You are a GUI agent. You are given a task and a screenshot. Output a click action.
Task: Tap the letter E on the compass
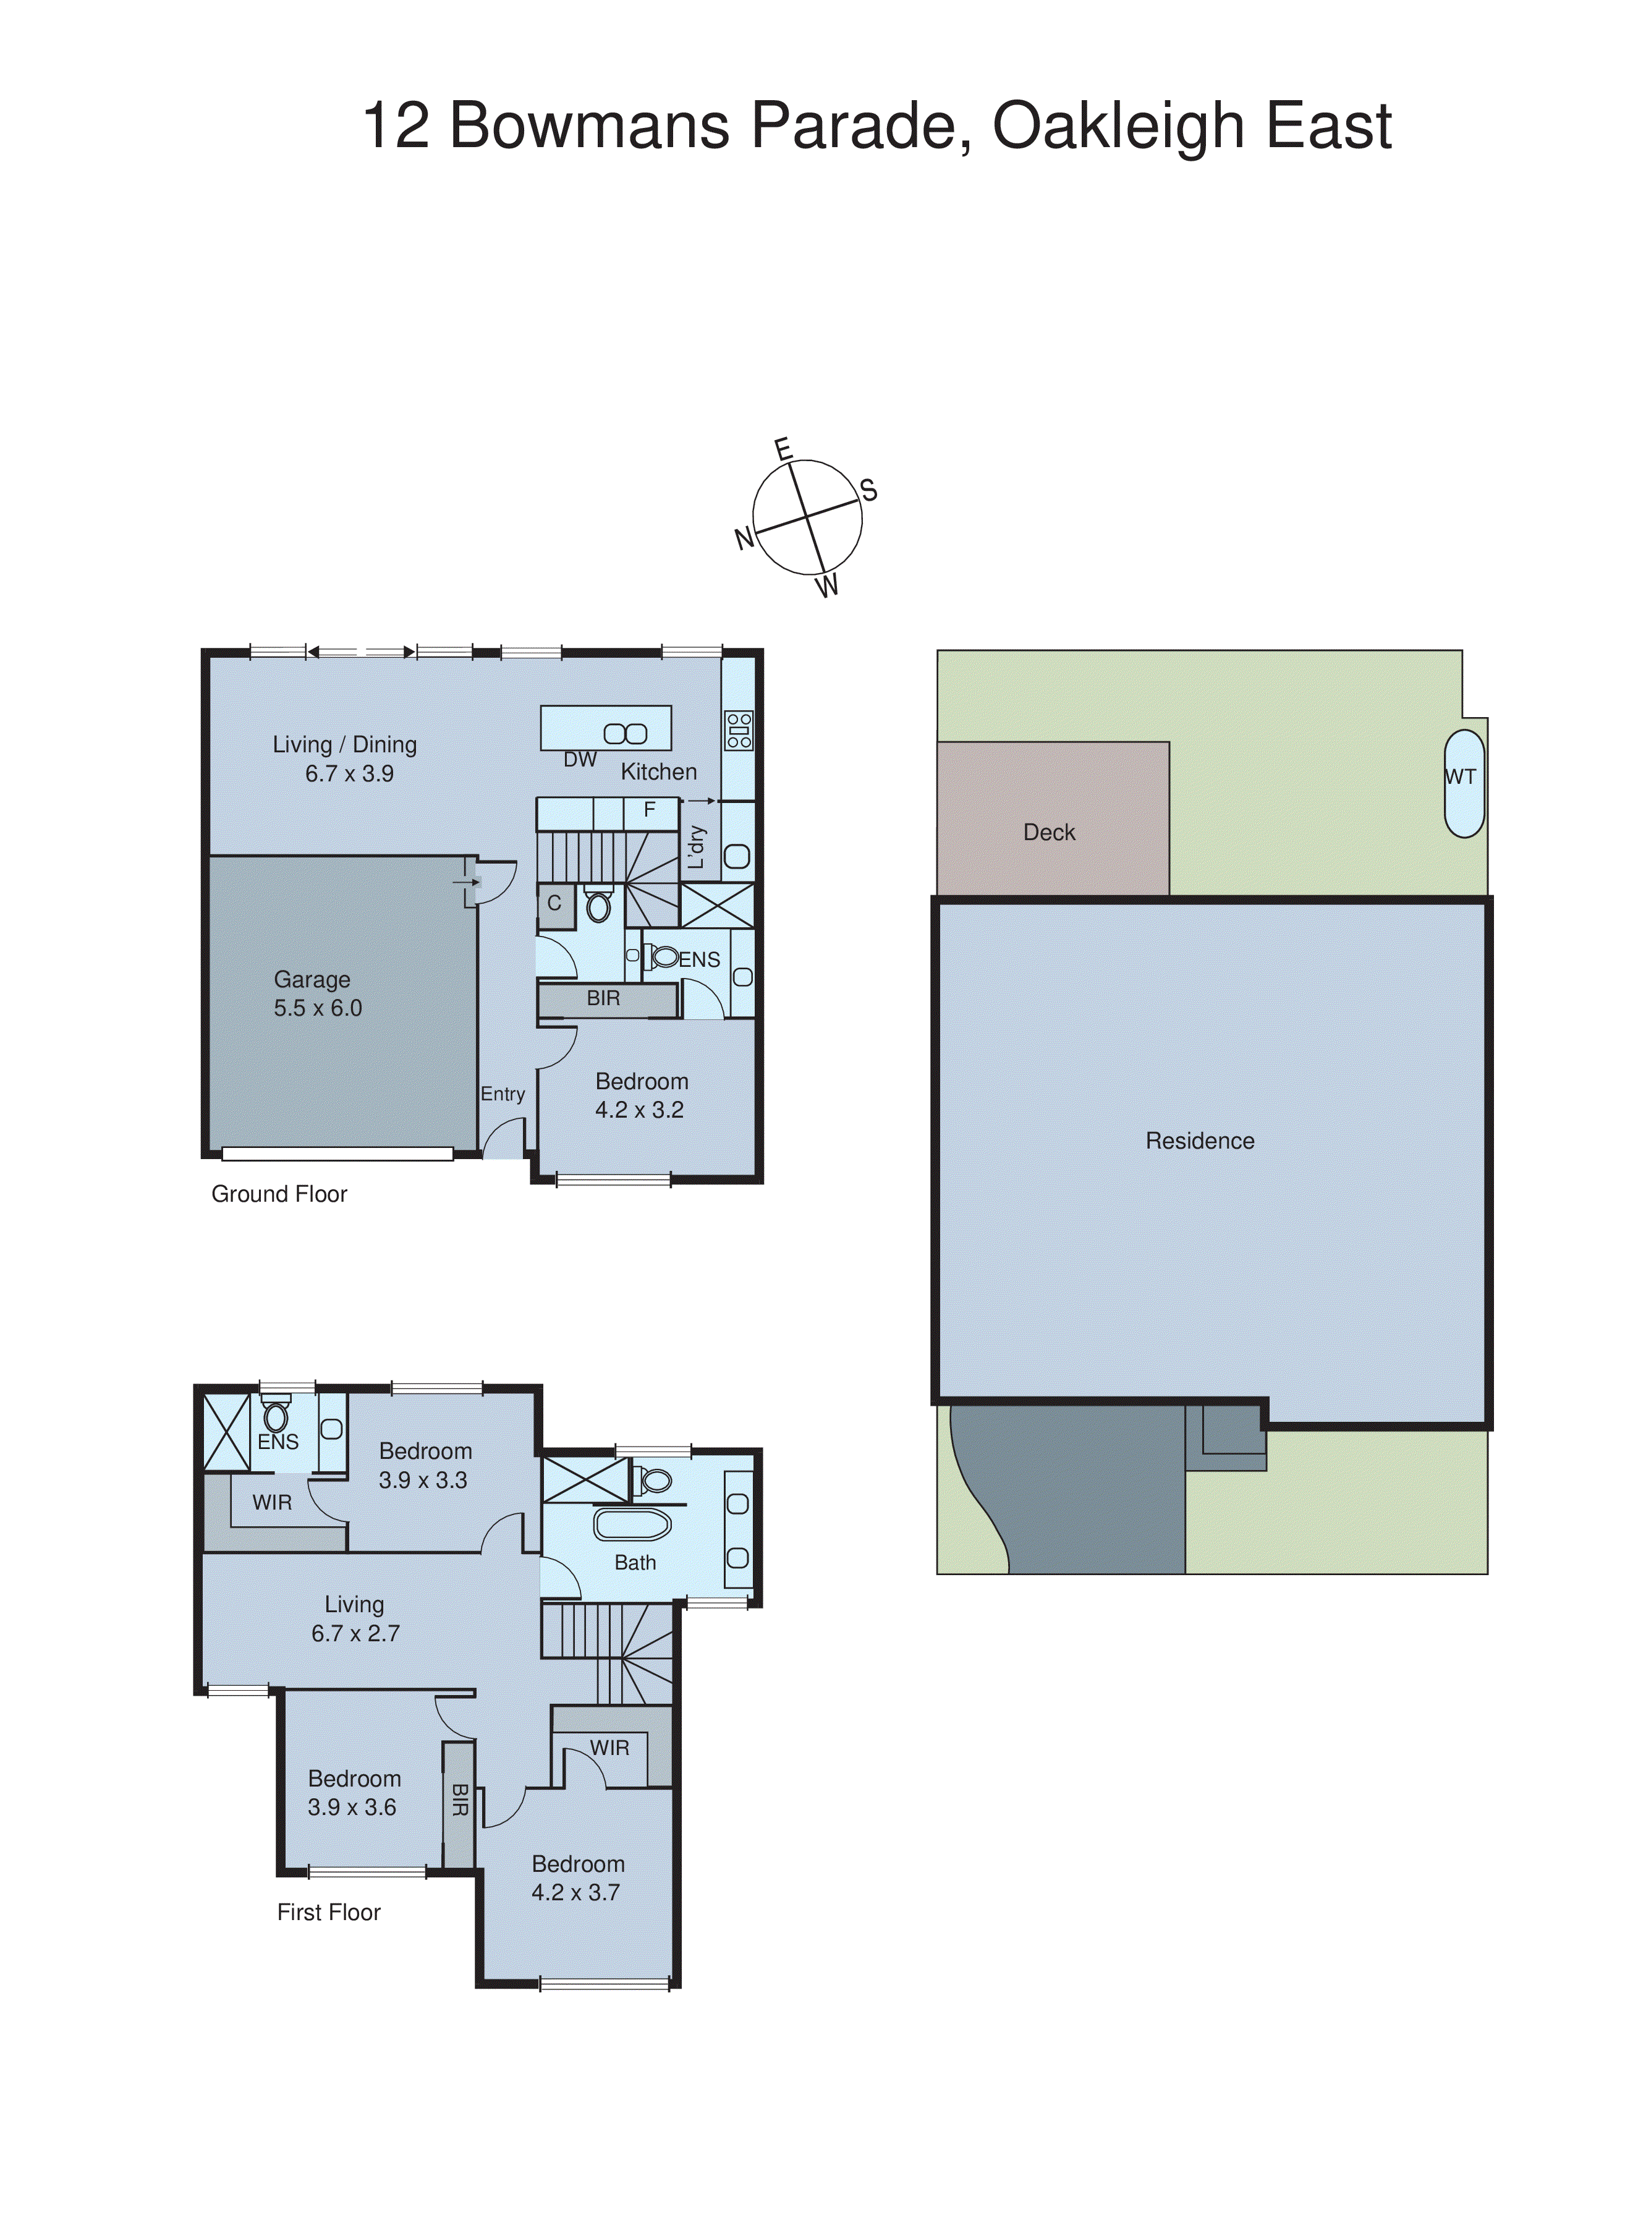pyautogui.click(x=783, y=449)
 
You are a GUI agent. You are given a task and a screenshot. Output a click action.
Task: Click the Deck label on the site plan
pyautogui.click(x=1049, y=832)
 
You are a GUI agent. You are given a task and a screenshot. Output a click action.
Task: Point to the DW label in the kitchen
pyautogui.click(x=580, y=760)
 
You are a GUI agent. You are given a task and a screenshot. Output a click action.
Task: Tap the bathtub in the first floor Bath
pyautogui.click(x=632, y=1524)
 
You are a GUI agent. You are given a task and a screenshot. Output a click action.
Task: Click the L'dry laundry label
pyautogui.click(x=697, y=847)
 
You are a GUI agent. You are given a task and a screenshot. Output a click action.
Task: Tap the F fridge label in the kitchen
pyautogui.click(x=650, y=810)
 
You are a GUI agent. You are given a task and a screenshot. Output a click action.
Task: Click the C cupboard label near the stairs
pyautogui.click(x=554, y=903)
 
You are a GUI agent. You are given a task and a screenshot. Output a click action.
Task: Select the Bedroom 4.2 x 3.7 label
pyautogui.click(x=577, y=1878)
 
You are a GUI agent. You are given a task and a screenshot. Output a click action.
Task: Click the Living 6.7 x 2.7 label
pyautogui.click(x=355, y=1618)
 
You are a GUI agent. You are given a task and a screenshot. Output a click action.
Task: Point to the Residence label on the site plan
pyautogui.click(x=1200, y=1141)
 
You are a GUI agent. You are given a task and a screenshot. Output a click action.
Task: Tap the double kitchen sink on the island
pyautogui.click(x=626, y=734)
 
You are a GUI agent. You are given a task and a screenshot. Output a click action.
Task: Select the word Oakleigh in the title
pyautogui.click(x=1118, y=126)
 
